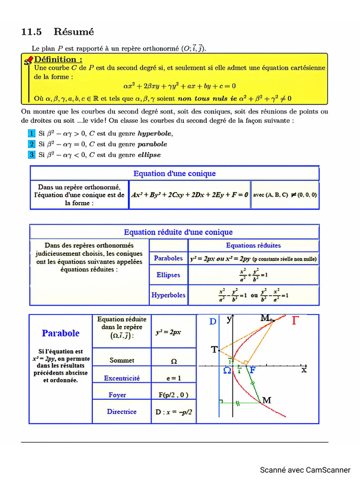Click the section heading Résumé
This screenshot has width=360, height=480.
click(x=74, y=32)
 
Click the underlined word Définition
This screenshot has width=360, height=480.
click(x=59, y=59)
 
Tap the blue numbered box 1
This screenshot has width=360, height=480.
click(x=31, y=133)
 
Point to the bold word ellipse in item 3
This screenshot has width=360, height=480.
click(x=149, y=155)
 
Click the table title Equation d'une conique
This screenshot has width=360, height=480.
click(x=174, y=173)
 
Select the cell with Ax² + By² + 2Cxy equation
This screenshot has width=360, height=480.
click(x=190, y=195)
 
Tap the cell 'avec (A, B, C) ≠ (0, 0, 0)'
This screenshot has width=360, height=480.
click(x=285, y=195)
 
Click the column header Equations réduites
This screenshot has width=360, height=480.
click(x=253, y=245)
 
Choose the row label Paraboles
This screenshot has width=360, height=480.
click(x=168, y=258)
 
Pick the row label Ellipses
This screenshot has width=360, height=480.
click(x=168, y=275)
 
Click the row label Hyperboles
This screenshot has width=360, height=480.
click(x=168, y=295)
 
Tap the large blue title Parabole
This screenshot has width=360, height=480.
click(x=60, y=333)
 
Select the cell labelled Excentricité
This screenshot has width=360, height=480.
click(x=121, y=378)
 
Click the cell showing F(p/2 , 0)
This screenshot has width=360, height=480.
click(x=173, y=395)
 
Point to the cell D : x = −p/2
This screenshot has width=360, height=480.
click(x=173, y=412)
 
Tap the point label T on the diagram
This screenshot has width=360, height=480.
click(x=214, y=350)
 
